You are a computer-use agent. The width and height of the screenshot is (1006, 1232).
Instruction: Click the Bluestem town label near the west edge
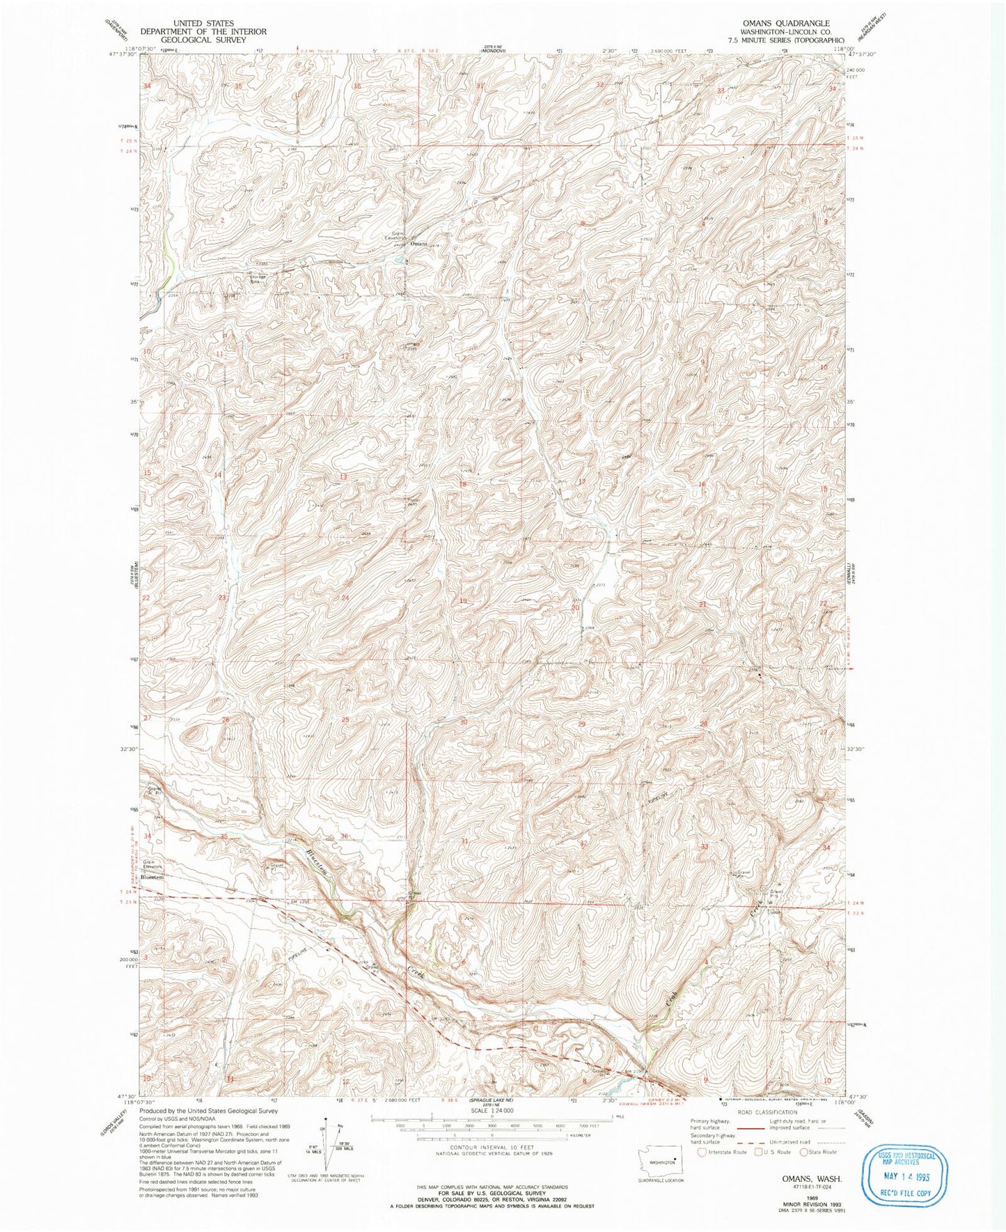152,877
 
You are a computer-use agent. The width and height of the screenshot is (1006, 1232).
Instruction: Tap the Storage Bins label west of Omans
258,278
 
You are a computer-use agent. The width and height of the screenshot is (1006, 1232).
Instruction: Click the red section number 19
462,600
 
